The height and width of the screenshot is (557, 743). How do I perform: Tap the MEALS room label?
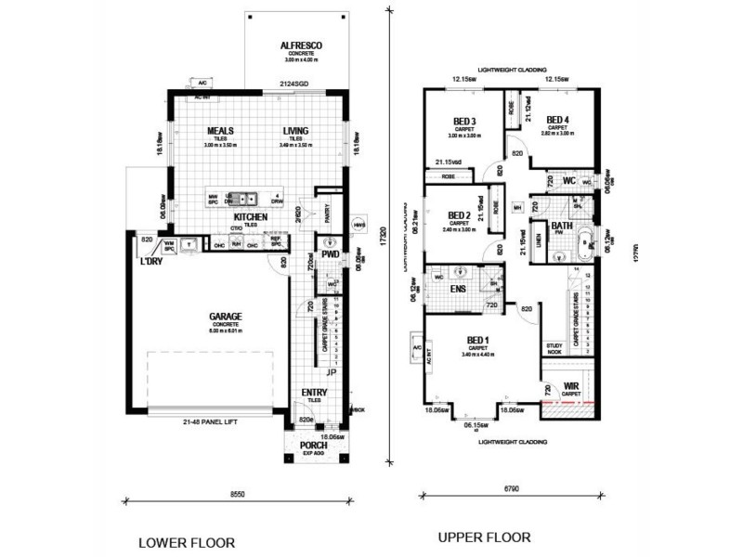tap(220, 131)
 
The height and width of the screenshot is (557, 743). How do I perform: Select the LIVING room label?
tap(296, 131)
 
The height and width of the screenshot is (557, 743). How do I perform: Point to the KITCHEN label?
tap(251, 216)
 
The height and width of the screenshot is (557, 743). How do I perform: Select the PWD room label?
tap(328, 253)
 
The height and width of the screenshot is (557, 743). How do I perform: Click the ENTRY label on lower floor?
tap(315, 394)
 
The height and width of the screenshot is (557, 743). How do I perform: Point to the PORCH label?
tap(314, 443)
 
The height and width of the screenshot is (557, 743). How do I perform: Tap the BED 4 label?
tap(557, 120)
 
